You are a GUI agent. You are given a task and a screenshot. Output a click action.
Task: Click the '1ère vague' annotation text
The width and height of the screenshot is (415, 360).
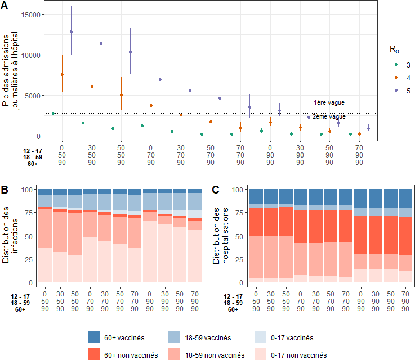click(329, 102)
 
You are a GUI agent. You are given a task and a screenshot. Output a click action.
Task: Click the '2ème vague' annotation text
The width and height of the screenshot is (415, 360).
click(329, 116)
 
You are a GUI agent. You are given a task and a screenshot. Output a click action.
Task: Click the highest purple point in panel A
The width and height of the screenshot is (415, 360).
click(71, 32)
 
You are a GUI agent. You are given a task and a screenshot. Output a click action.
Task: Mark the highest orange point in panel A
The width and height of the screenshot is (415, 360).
click(62, 74)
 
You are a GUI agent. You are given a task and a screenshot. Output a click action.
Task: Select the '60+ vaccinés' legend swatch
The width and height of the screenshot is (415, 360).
click(94, 337)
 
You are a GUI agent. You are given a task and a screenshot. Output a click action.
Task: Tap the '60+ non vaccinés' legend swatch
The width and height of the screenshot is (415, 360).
click(94, 355)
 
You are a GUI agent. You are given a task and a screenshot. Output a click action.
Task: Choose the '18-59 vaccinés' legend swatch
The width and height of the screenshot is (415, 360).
click(175, 337)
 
